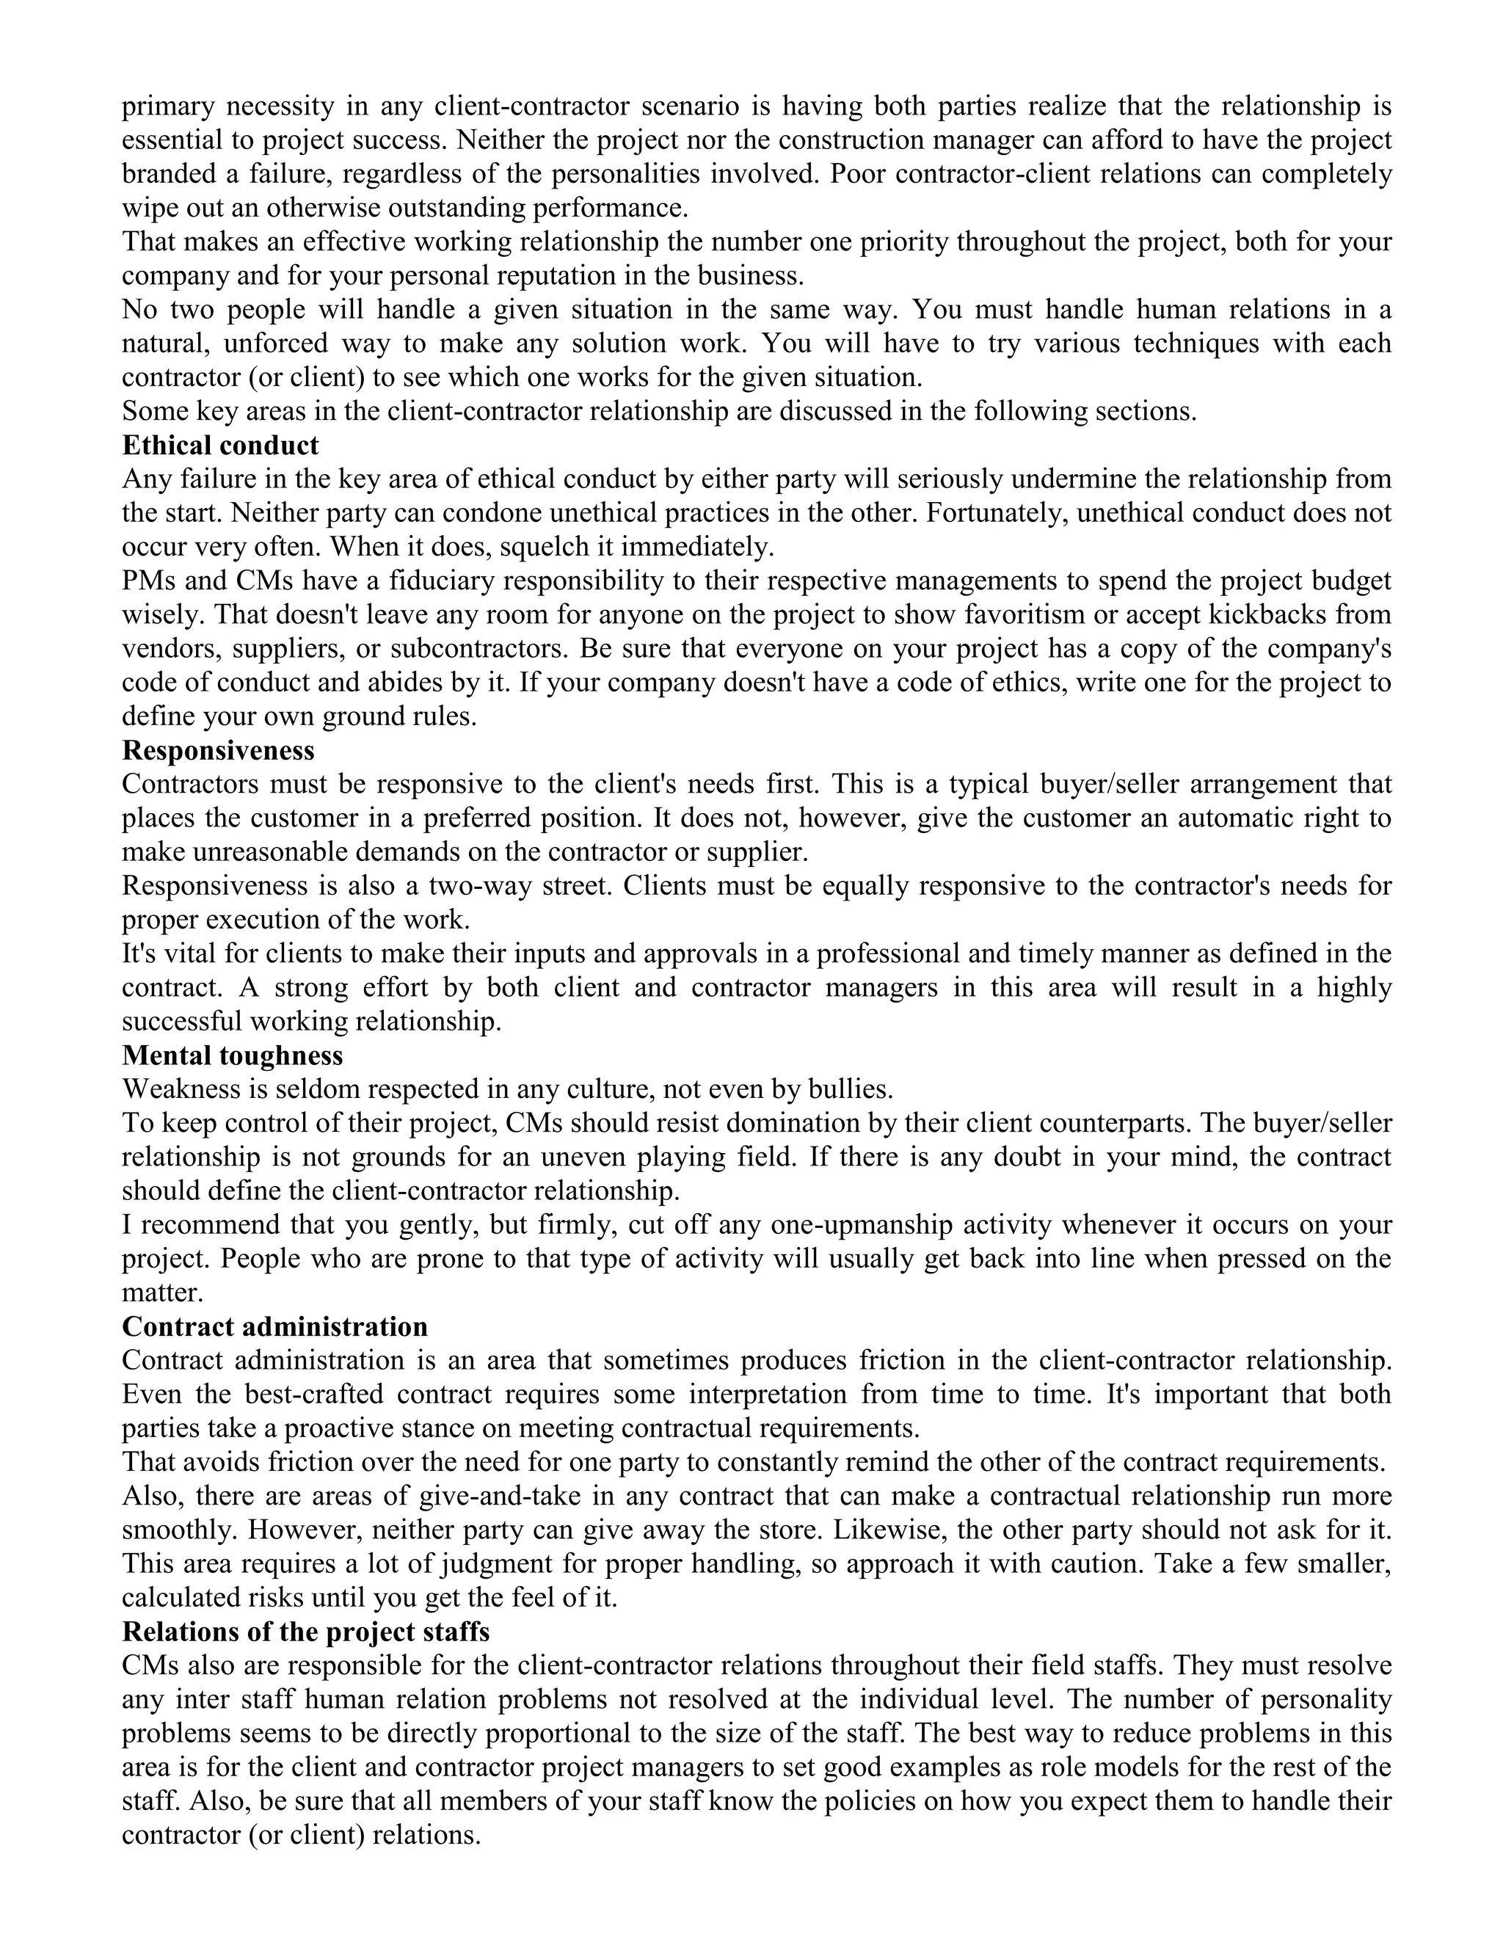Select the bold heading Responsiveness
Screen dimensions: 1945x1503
click(218, 750)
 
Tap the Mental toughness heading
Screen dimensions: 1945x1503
click(233, 1055)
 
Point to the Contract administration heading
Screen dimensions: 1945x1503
click(274, 1327)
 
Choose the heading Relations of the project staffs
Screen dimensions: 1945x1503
click(305, 1632)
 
